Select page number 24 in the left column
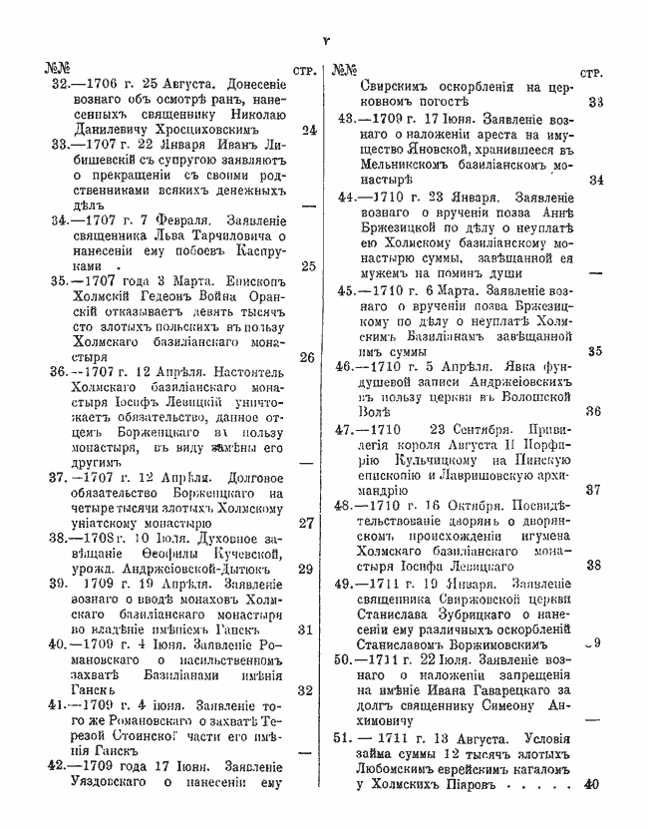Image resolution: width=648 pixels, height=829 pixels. coord(308,130)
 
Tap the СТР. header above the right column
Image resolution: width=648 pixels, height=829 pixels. coord(595,72)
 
